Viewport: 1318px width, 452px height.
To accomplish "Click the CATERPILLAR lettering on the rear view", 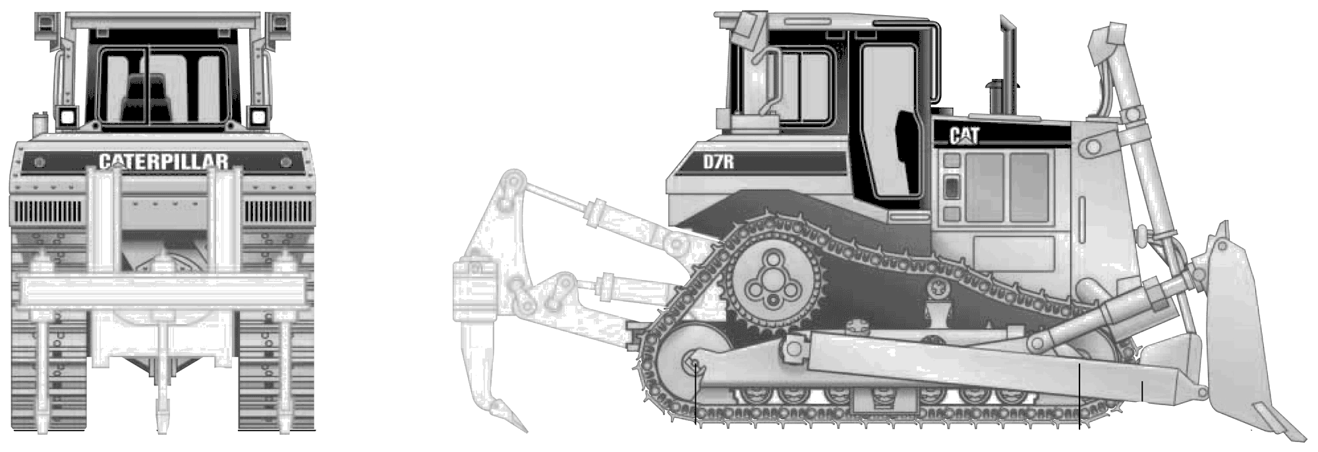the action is click(x=163, y=161).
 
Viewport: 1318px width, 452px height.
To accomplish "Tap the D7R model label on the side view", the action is click(x=718, y=161).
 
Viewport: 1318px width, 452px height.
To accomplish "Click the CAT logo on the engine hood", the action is click(x=964, y=135).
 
